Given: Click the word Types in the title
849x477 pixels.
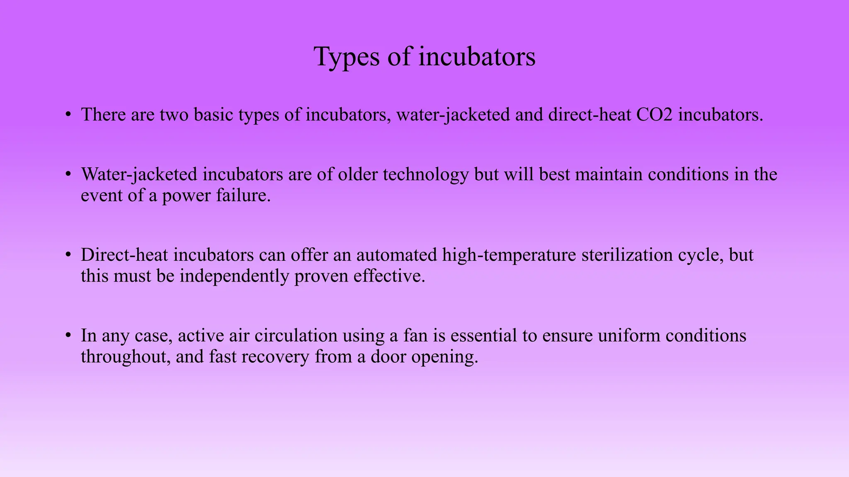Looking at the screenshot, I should point(347,57).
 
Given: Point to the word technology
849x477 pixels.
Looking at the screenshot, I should point(425,175).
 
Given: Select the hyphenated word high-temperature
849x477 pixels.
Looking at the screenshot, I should point(509,255).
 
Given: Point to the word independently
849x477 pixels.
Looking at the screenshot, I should point(234,276).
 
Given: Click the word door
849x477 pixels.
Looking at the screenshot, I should point(388,357).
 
